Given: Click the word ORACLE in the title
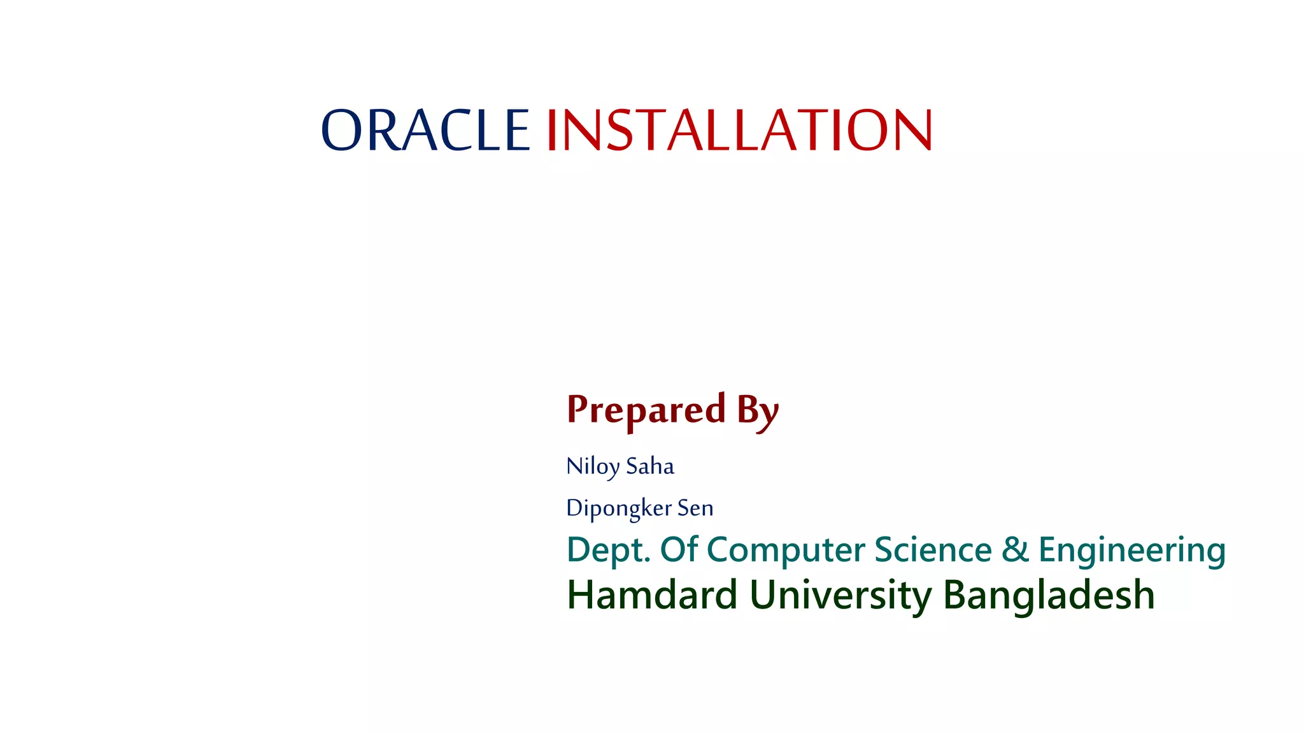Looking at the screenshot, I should click(425, 130).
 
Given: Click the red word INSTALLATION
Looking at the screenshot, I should click(739, 130).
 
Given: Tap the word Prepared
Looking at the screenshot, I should click(646, 410).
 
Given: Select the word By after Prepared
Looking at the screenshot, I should click(758, 411).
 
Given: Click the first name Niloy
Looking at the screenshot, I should click(592, 466).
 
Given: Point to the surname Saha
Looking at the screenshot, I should click(650, 466).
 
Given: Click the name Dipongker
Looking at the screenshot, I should click(619, 508).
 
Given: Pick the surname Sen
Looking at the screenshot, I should click(695, 508).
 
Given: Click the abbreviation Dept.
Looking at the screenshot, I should click(608, 550).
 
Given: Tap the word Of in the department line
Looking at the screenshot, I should click(679, 549).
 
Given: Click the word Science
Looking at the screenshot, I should click(933, 549).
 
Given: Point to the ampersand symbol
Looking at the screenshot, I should click(1015, 549).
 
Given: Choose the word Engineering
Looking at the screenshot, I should click(1131, 550).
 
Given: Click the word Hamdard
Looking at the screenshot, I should click(651, 595).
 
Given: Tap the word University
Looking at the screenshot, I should click(840, 595).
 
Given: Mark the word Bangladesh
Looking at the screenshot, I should click(1048, 595).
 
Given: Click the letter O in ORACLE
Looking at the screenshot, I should click(342, 130).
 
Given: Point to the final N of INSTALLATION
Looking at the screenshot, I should click(912, 130).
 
